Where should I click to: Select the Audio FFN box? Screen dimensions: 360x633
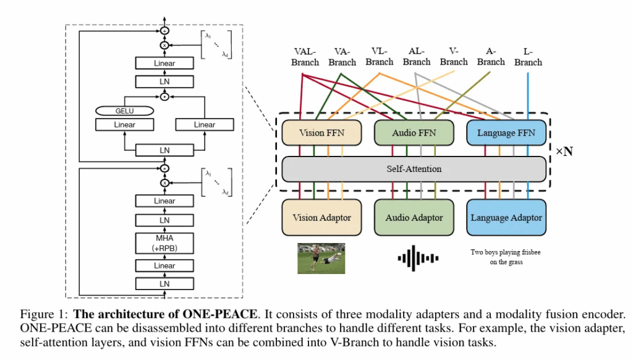pyautogui.click(x=414, y=133)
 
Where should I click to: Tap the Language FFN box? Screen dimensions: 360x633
pyautogui.click(x=506, y=133)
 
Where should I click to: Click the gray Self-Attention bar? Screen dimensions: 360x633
pyautogui.click(x=414, y=168)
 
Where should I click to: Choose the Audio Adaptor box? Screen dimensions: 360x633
pyautogui.click(x=414, y=218)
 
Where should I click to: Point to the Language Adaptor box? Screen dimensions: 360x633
pyautogui.click(x=506, y=218)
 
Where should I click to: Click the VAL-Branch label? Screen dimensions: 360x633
pyautogui.click(x=305, y=57)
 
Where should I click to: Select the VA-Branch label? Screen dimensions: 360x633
pyautogui.click(x=342, y=57)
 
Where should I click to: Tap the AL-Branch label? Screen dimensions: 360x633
pyautogui.click(x=417, y=57)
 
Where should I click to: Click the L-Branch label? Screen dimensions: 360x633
pyautogui.click(x=528, y=57)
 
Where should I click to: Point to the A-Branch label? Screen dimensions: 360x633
pyautogui.click(x=491, y=57)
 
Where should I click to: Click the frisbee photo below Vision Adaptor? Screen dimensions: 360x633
pyautogui.click(x=321, y=259)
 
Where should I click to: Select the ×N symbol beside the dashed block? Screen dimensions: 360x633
pyautogui.click(x=563, y=152)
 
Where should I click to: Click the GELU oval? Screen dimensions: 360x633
pyautogui.click(x=124, y=111)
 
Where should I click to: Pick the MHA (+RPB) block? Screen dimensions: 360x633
pyautogui.click(x=164, y=242)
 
